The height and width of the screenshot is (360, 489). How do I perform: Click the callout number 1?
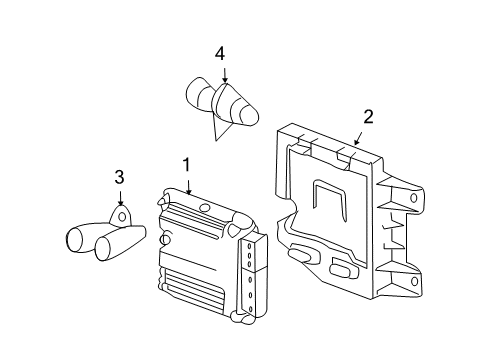pos(185,164)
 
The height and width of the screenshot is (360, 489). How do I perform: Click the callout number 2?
pos(368,117)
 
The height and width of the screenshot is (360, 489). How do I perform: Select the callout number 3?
pos(119,178)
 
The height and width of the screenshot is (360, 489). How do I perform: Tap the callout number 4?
pos(221,52)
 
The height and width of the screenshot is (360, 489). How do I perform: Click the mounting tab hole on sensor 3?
pos(122,215)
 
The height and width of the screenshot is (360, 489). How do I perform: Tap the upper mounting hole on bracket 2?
pos(414,198)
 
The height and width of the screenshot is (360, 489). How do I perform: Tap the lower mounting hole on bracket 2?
pos(414,281)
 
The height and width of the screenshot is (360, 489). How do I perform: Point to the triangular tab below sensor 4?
pos(214,126)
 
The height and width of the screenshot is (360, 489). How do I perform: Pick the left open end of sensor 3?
pos(76,240)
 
